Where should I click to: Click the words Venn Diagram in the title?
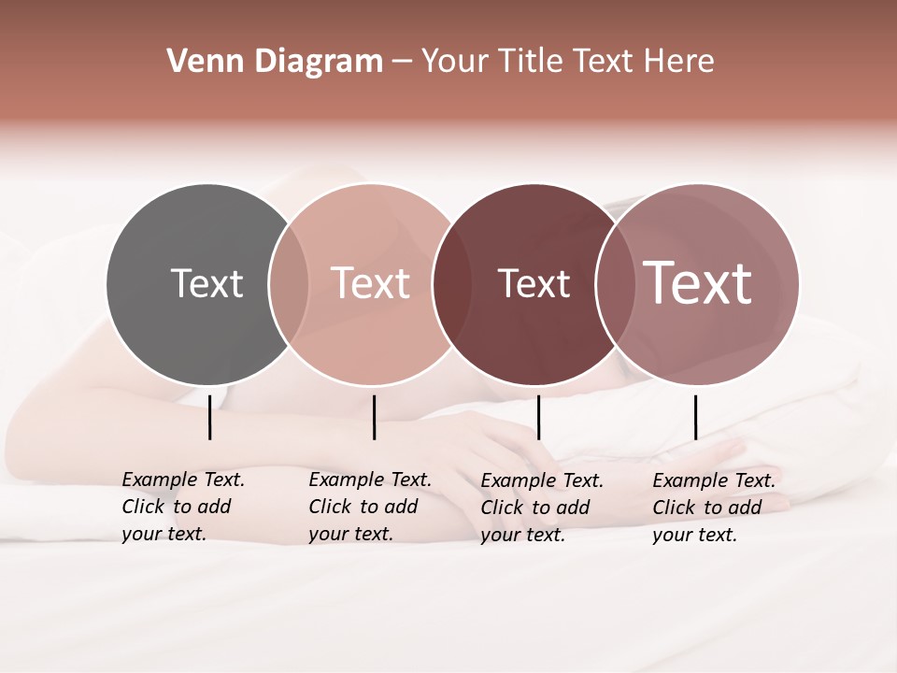(x=275, y=62)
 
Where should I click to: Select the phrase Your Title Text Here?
(x=567, y=62)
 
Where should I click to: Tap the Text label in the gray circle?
(x=206, y=283)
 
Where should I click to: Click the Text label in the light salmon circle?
(x=370, y=283)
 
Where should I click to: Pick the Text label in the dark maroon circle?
(x=534, y=283)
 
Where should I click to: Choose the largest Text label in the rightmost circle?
(x=698, y=282)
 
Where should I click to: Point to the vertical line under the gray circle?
(x=209, y=417)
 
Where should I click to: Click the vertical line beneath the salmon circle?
(x=374, y=417)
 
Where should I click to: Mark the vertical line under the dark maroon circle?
(x=538, y=417)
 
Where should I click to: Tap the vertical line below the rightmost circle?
(x=695, y=417)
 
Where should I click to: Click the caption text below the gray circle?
(x=183, y=507)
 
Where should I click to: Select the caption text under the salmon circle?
(x=370, y=507)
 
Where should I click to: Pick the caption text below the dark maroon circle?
(x=542, y=507)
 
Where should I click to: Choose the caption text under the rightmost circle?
(x=714, y=507)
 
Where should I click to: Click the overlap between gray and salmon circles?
(x=288, y=284)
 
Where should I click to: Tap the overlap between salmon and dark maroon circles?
(x=450, y=284)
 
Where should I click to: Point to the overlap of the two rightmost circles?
(x=614, y=284)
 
